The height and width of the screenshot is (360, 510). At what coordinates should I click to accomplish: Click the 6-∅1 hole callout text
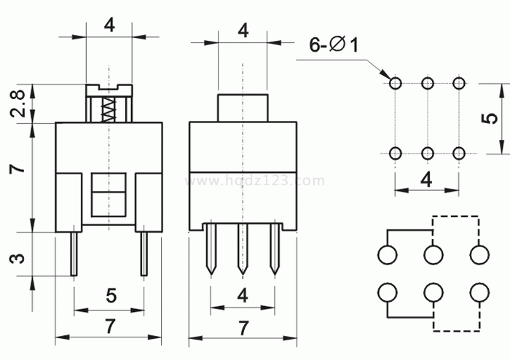tap(334, 46)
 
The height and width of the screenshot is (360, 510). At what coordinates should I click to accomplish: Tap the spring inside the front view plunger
tap(109, 109)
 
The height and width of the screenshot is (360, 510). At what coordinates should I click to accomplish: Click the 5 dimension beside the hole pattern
tap(493, 118)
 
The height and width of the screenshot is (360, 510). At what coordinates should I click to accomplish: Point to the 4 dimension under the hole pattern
tap(427, 179)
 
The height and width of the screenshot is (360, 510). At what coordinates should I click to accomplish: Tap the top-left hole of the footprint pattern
tap(396, 84)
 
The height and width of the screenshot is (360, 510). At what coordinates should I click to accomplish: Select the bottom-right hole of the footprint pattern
tap(458, 153)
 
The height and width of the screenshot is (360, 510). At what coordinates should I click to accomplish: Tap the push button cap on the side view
tap(243, 107)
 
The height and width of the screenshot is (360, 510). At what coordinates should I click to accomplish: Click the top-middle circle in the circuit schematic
tap(433, 255)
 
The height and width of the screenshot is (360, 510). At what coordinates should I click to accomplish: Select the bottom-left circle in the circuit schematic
tap(387, 293)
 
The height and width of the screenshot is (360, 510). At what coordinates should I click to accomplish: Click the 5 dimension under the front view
tap(111, 296)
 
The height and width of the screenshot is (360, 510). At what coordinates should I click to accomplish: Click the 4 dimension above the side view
tap(243, 31)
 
